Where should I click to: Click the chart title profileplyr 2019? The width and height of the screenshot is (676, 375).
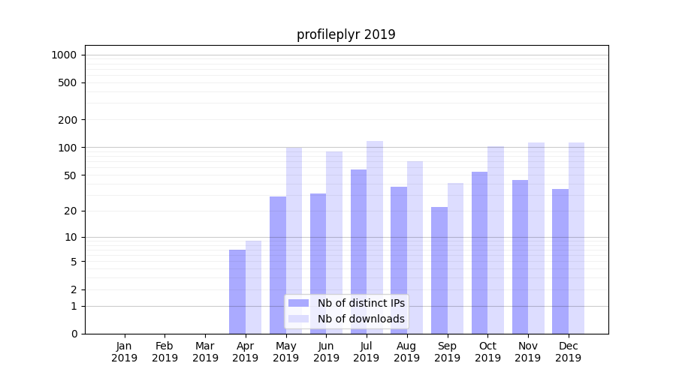point(346,34)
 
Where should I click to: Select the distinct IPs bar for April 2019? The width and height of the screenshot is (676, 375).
point(237,292)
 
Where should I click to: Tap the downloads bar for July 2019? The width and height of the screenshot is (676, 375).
point(375,237)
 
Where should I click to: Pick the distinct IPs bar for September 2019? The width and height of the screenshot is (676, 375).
point(439,270)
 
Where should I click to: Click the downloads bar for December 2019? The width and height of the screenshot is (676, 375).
point(576,238)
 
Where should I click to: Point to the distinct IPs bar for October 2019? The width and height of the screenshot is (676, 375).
point(480,253)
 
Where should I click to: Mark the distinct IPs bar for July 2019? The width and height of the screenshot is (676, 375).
point(358,251)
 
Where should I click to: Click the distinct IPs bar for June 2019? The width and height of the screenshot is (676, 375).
point(318,263)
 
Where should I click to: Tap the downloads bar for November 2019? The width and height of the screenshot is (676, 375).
point(536,238)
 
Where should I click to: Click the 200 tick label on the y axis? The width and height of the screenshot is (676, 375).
point(68,120)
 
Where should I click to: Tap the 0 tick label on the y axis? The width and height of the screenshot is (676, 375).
point(74,334)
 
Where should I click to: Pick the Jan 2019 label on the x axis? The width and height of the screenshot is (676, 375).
point(125,352)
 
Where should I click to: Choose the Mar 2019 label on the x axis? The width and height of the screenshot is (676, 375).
point(205,352)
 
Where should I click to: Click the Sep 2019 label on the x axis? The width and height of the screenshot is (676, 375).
point(447,352)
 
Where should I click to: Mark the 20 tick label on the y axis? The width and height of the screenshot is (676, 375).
point(71,211)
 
